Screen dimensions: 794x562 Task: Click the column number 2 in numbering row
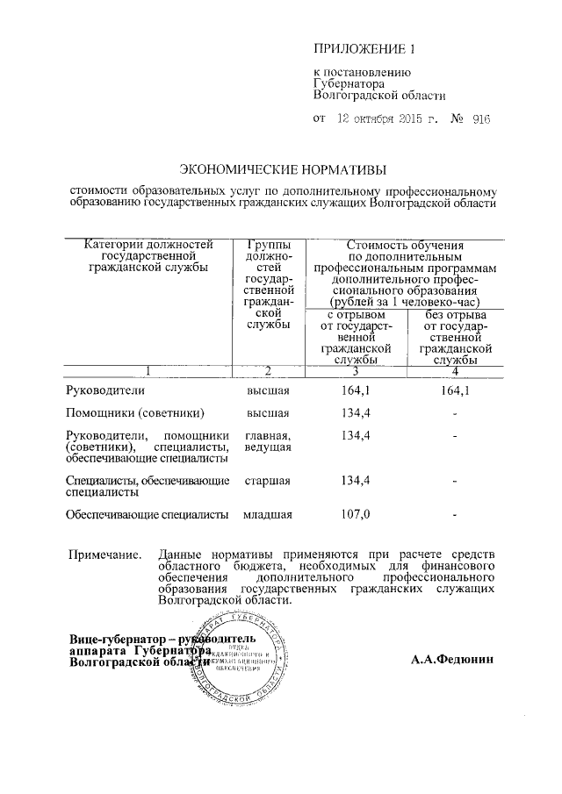(268, 370)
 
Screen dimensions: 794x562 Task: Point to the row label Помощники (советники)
(135, 412)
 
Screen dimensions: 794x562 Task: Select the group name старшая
(268, 480)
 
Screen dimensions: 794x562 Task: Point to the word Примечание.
(104, 554)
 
